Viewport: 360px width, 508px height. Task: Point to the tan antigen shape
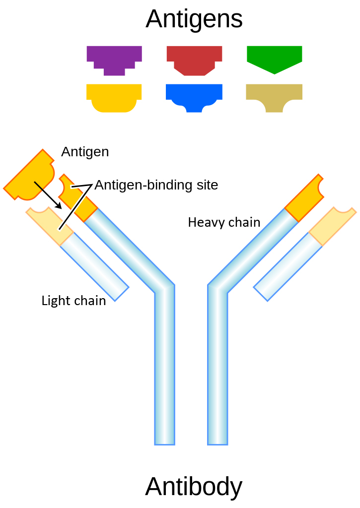(274, 95)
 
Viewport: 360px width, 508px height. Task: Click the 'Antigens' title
(194, 19)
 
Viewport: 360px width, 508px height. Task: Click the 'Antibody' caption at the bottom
(194, 487)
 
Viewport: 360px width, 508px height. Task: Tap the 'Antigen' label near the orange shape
(85, 152)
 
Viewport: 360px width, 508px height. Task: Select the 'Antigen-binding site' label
(156, 185)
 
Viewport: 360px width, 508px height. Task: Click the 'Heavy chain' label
(224, 222)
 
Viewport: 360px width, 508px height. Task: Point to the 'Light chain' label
(73, 301)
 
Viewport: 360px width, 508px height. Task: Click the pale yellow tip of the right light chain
(332, 226)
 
